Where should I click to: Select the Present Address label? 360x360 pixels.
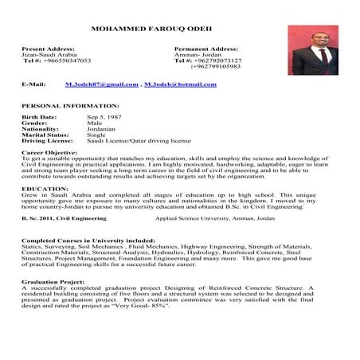click(49, 49)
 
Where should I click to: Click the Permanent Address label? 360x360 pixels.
click(205, 49)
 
